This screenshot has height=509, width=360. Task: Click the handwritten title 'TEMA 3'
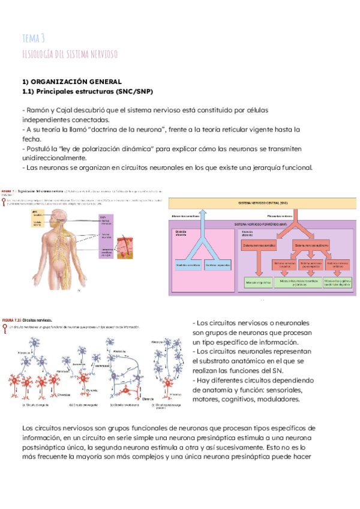(x=33, y=38)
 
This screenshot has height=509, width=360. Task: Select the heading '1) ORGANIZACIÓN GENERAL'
(x=71, y=81)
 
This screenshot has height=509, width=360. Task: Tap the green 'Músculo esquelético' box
(x=258, y=280)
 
